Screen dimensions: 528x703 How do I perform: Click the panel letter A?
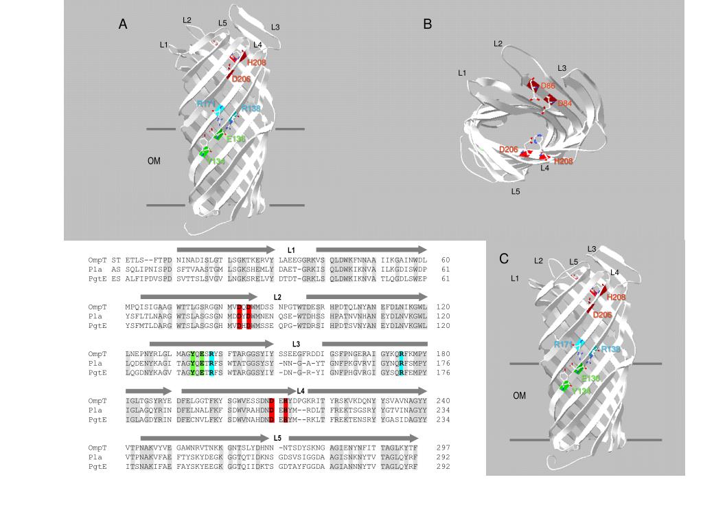tap(123, 25)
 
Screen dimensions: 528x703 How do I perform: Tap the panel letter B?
tap(428, 24)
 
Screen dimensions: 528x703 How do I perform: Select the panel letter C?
tap(504, 259)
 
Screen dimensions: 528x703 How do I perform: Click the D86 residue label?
tap(548, 86)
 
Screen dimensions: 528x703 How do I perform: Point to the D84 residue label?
tap(564, 103)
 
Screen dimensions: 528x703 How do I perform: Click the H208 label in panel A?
tap(257, 63)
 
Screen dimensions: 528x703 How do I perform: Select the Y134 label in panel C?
tap(581, 391)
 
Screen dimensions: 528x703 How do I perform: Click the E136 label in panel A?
tap(235, 139)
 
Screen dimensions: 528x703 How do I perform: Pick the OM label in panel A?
tap(154, 161)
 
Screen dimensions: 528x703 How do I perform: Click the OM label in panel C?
tap(520, 396)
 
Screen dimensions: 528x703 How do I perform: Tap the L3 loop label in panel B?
tap(562, 68)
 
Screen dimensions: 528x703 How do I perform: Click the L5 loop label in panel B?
tap(516, 192)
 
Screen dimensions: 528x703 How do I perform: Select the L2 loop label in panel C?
tap(538, 261)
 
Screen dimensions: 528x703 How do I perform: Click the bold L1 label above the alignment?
tap(291, 250)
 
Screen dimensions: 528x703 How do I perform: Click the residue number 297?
tap(443, 447)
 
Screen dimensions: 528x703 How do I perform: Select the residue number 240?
tap(443, 400)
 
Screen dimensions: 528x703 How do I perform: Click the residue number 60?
tap(446, 260)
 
